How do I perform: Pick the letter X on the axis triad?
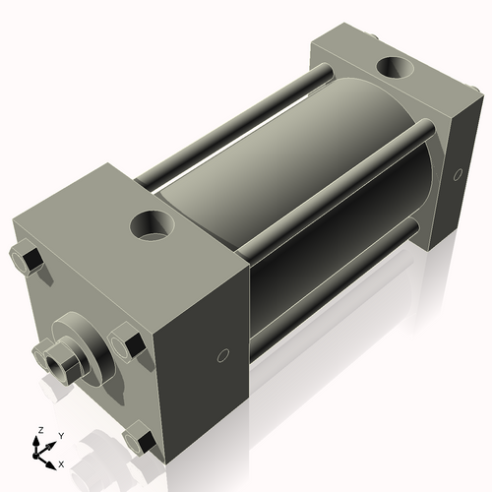tap(61, 462)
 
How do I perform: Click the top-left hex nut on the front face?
tap(27, 261)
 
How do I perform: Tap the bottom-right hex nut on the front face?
tap(141, 440)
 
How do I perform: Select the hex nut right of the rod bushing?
tap(127, 342)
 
